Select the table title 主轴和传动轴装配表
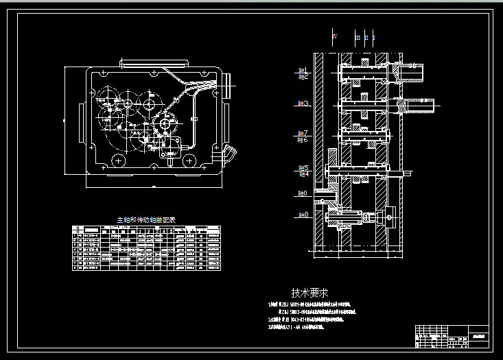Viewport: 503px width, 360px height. [x=145, y=220]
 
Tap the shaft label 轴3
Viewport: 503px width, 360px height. [x=303, y=104]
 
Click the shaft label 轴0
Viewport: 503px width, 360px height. [x=303, y=194]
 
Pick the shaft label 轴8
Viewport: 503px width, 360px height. [x=303, y=215]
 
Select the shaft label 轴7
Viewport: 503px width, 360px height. [x=303, y=133]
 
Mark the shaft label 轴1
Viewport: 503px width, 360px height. [x=303, y=70]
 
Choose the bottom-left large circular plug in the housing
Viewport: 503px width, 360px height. [x=117, y=161]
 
